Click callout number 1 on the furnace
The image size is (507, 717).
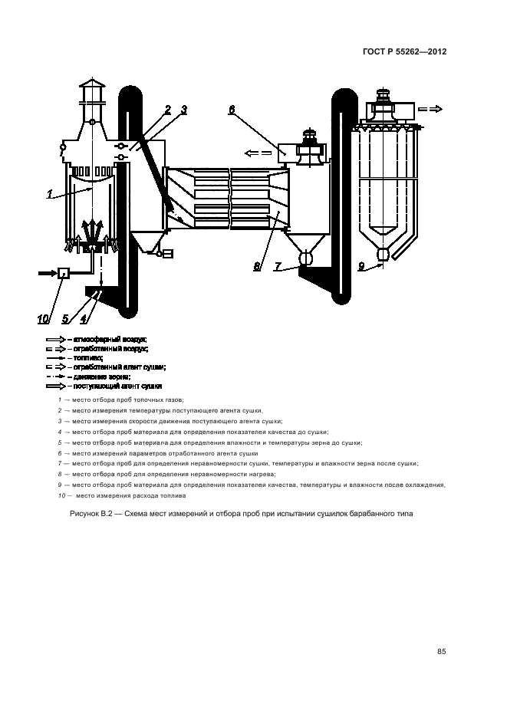pos(49,195)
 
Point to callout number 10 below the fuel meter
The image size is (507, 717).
pos(43,319)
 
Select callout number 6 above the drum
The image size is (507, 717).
pos(232,110)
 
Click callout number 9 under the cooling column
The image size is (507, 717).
pos(361,267)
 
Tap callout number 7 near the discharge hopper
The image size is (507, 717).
pos(278,267)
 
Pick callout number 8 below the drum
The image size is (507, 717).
pos(258,267)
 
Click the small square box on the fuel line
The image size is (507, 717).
pos(63,272)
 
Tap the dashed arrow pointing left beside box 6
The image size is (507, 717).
pos(253,152)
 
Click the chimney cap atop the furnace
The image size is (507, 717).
pos(91,84)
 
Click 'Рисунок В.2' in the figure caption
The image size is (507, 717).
pos(93,514)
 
